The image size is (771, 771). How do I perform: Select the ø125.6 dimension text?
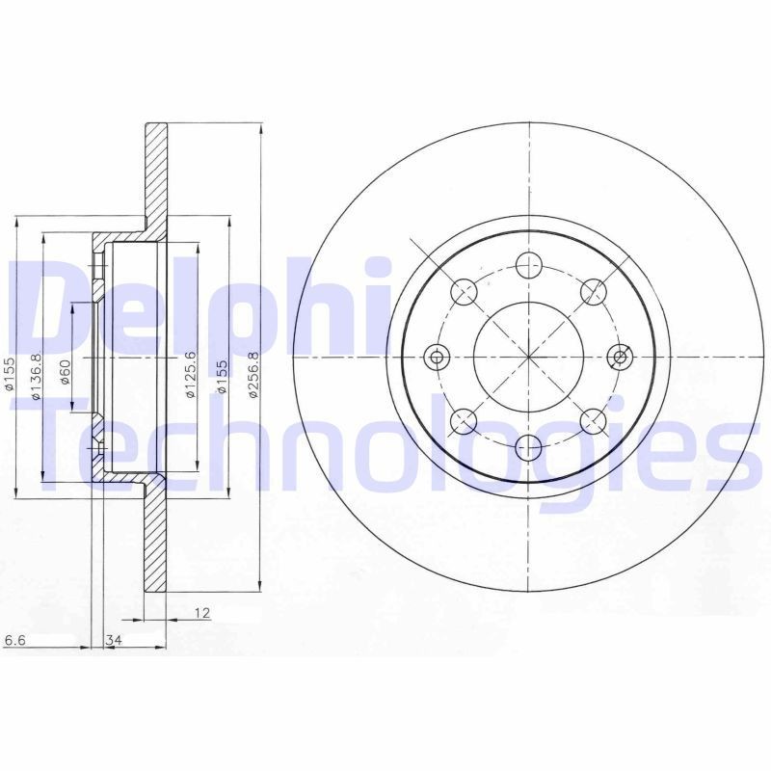tap(191, 375)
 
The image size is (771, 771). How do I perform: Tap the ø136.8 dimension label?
tap(35, 376)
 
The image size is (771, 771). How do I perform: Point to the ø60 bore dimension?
tap(66, 371)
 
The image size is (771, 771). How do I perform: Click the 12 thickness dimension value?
tap(200, 612)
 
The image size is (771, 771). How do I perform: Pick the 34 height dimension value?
tap(113, 640)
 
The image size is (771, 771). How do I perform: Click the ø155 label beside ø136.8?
tap(9, 374)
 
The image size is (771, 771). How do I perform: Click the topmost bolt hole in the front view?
tap(528, 265)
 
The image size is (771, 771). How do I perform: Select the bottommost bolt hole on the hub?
tap(528, 446)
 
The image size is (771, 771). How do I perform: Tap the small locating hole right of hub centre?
tap(621, 358)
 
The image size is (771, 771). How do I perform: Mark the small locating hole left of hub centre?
tap(437, 358)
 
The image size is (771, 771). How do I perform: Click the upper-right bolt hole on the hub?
tap(594, 291)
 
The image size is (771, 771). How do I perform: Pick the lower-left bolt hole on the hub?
tap(465, 421)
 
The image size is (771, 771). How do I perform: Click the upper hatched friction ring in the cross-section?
tap(156, 173)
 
